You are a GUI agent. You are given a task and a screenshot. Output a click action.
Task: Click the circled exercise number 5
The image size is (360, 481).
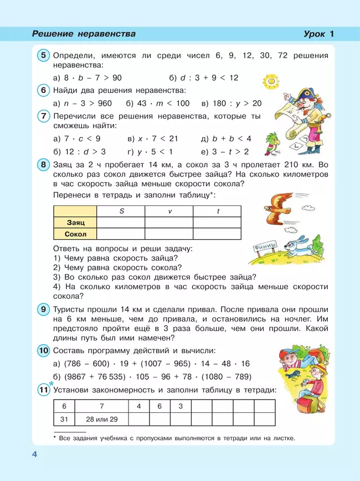click(x=44, y=55)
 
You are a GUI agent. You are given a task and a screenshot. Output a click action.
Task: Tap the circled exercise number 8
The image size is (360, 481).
click(x=44, y=165)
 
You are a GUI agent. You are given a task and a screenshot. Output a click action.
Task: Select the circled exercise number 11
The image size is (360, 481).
click(x=44, y=391)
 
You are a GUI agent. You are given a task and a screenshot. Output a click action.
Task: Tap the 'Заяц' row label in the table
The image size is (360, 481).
click(x=75, y=222)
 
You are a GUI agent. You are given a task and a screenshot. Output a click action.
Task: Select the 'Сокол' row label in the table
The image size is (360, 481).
click(x=75, y=234)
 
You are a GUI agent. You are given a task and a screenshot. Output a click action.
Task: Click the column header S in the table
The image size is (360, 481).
click(x=121, y=211)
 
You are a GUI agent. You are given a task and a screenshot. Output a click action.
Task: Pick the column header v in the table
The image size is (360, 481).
click(x=169, y=211)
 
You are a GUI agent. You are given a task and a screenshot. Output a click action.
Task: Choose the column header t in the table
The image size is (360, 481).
click(x=217, y=211)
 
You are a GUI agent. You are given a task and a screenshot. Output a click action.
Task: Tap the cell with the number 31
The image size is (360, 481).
click(x=64, y=419)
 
